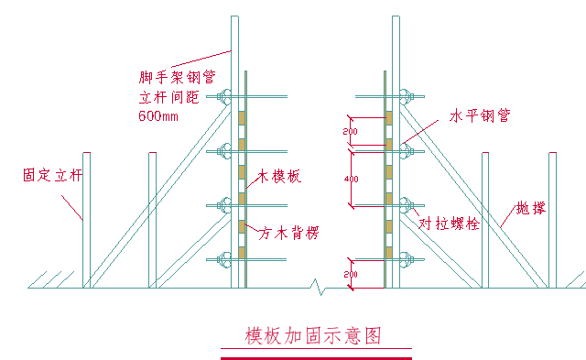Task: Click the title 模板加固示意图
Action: pos(312,336)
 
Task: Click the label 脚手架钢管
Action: pos(177,78)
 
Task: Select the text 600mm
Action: pos(158,116)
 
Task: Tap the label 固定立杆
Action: pos(52,174)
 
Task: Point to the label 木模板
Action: pos(279,176)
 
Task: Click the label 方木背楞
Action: pos(289,233)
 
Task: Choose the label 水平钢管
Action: pos(480,116)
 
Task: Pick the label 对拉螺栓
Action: pos(448,224)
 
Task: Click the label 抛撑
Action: pos(530,208)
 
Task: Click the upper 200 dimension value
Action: pos(351,132)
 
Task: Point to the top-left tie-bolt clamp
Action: pos(223,95)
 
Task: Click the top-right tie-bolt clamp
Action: pos(407,95)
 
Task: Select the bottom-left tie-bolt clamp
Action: pos(223,262)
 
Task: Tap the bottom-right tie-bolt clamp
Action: pos(407,262)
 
